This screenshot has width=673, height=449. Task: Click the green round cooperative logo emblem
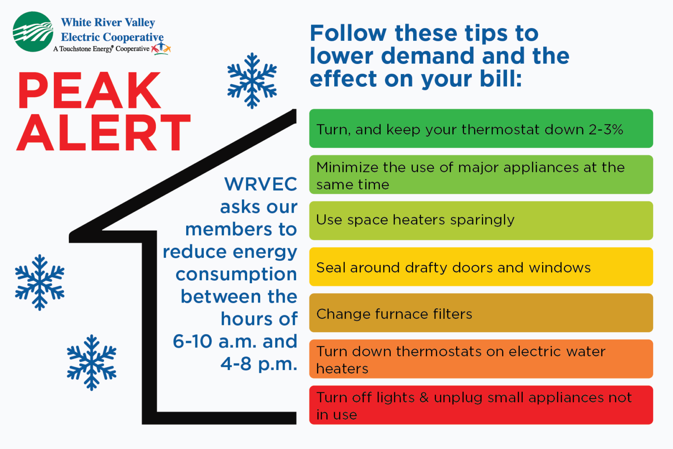pyautogui.click(x=33, y=32)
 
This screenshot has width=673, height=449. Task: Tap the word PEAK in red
pyautogui.click(x=89, y=91)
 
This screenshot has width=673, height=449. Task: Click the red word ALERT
pyautogui.click(x=103, y=132)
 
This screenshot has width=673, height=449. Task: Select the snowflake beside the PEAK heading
pyautogui.click(x=252, y=81)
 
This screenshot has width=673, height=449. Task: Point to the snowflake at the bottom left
pyautogui.click(x=92, y=363)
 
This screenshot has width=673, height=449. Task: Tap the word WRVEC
pyautogui.click(x=261, y=184)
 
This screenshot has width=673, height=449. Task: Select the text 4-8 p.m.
pyautogui.click(x=259, y=363)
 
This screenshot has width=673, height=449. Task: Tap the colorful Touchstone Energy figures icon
pyautogui.click(x=161, y=48)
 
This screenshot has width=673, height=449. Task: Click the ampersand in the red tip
pyautogui.click(x=424, y=398)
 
